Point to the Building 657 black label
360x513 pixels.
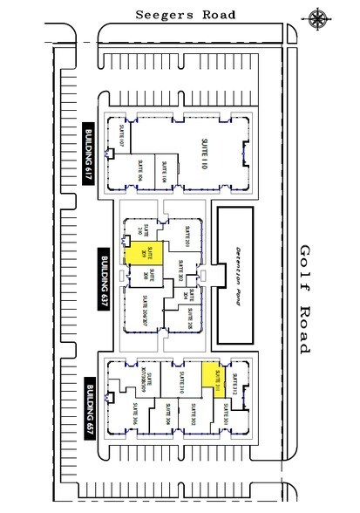(x=91, y=400)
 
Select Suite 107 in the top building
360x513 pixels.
(x=121, y=135)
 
